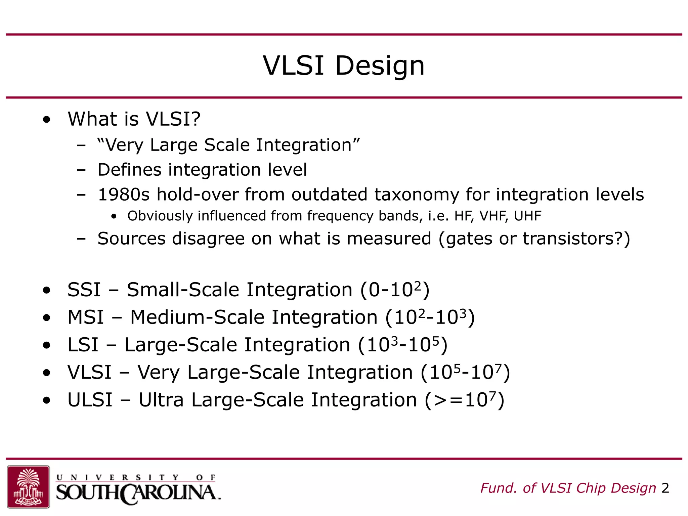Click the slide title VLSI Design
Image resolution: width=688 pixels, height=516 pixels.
click(344, 66)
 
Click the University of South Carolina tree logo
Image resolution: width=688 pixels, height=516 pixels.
click(28, 486)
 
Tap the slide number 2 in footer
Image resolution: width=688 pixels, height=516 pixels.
click(665, 488)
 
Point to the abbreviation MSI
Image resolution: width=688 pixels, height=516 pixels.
click(86, 317)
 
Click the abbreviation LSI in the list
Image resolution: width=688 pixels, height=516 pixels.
click(83, 345)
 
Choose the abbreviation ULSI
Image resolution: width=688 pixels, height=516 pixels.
click(90, 400)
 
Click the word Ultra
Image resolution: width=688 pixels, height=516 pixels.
click(161, 400)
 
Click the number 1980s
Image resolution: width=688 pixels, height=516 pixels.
click(123, 195)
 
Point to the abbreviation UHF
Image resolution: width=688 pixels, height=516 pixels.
click(527, 216)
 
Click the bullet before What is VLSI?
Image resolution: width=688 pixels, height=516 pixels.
click(47, 119)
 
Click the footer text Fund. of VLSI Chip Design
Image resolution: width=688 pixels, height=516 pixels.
click(568, 488)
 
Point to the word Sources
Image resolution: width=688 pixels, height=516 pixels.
click(131, 239)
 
